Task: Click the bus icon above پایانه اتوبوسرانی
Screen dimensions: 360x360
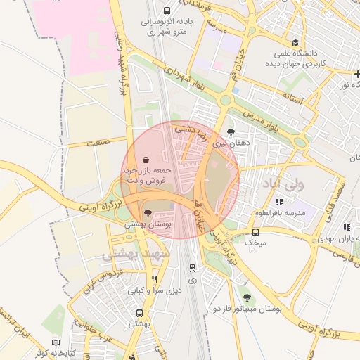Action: (167, 11)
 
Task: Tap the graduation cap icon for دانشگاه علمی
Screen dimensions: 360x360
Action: (295, 42)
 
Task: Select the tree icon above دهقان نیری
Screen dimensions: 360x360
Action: (231, 131)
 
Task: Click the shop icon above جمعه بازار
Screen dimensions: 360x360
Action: (145, 160)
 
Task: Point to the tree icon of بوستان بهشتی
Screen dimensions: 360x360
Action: (147, 212)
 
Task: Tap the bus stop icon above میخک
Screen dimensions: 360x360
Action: (255, 231)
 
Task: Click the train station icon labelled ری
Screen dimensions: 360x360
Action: (192, 268)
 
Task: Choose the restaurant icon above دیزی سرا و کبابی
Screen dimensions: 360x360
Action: (154, 278)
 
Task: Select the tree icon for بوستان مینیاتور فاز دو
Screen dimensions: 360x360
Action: (245, 297)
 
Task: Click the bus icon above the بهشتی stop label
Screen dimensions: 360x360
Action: (140, 314)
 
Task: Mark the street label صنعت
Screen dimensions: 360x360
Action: (99, 143)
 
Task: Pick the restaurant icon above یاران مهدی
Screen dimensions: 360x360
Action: (346, 227)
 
